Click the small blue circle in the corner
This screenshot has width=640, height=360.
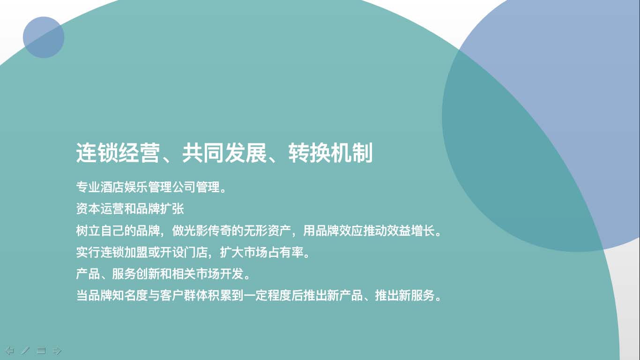tap(44, 37)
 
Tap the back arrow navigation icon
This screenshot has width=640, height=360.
tap(10, 350)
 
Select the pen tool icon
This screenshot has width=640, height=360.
tap(25, 350)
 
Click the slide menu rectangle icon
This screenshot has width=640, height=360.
tap(41, 350)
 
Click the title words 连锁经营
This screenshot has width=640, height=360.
tap(118, 153)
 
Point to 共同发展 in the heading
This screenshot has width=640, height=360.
tap(224, 153)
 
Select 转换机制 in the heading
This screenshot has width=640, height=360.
tap(330, 153)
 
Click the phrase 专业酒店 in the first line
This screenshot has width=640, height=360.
tap(100, 187)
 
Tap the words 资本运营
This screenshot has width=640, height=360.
tap(100, 209)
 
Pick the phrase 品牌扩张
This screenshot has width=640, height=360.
tap(160, 209)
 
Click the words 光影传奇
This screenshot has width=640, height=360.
tap(208, 231)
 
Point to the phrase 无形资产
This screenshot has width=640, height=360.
tap(268, 231)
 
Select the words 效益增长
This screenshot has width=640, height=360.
tap(411, 231)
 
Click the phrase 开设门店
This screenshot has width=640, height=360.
tap(184, 252)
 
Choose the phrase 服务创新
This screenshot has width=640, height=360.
tap(136, 274)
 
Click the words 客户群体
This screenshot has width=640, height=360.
tap(184, 295)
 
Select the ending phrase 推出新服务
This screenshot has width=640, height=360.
tap(405, 295)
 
